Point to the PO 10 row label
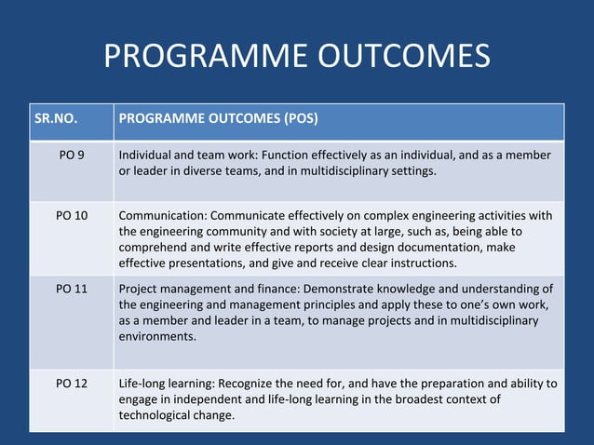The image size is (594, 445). (72, 215)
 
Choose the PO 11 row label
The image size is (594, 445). (72, 289)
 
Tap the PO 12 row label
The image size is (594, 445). (72, 384)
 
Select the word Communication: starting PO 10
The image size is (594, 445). (164, 215)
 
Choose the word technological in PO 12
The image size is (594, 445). (159, 415)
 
